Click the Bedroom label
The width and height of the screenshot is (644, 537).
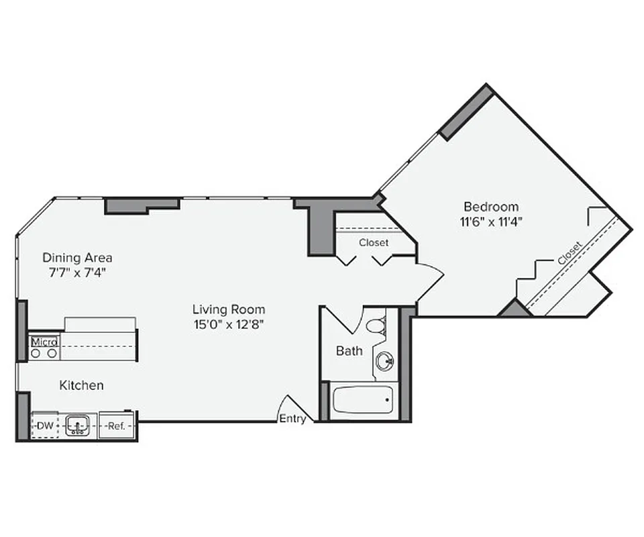tap(491, 207)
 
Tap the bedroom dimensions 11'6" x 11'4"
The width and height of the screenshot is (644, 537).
tap(491, 220)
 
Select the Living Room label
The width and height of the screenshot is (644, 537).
tap(229, 309)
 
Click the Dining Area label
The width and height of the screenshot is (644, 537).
tap(77, 257)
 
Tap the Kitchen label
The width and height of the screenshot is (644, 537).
tap(82, 385)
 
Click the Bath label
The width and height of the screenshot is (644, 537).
tap(349, 350)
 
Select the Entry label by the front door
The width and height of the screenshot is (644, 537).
tap(293, 419)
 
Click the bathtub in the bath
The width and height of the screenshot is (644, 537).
tap(362, 401)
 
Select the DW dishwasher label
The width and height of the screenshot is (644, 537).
tap(45, 426)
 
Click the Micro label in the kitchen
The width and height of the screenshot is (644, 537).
tap(44, 341)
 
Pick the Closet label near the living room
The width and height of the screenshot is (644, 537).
tap(373, 242)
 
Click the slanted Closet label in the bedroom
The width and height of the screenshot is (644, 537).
tap(570, 253)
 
